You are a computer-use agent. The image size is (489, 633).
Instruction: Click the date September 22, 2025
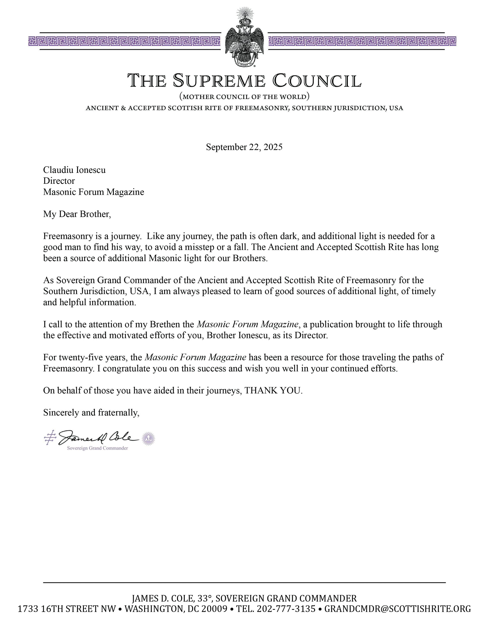pyautogui.click(x=244, y=147)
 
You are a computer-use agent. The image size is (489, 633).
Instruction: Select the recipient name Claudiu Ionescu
pyautogui.click(x=74, y=170)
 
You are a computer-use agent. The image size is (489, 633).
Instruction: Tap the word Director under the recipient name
pyautogui.click(x=59, y=181)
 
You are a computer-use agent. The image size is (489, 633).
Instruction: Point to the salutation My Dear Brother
pyautogui.click(x=77, y=214)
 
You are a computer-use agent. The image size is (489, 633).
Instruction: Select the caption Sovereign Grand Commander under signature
pyautogui.click(x=97, y=448)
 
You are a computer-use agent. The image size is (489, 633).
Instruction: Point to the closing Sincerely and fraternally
pyautogui.click(x=91, y=413)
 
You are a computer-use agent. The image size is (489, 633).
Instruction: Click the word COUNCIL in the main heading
pyautogui.click(x=317, y=81)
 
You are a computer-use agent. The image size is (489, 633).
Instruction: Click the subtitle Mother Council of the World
pyautogui.click(x=244, y=96)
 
